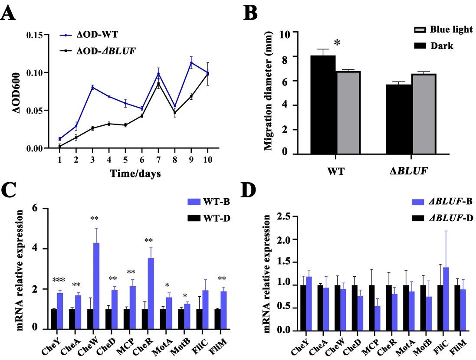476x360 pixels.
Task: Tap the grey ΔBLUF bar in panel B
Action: click(423, 114)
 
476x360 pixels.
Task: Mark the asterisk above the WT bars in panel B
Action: click(337, 43)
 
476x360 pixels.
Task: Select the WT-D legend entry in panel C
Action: click(214, 217)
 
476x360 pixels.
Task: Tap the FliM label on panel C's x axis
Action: click(217, 342)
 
